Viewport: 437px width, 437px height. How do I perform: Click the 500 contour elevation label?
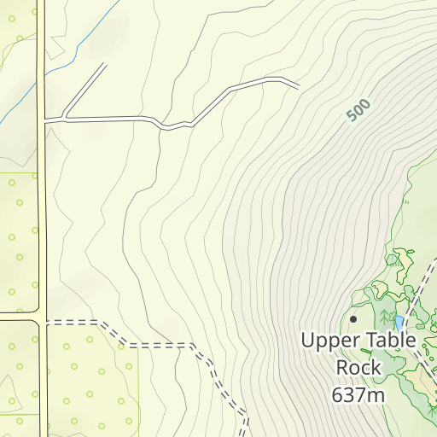pyautogui.click(x=359, y=110)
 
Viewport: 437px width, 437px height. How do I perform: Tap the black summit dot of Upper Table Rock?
pyautogui.click(x=353, y=318)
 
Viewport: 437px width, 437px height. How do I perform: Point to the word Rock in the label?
pyautogui.click(x=358, y=367)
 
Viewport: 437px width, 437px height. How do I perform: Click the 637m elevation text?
pyautogui.click(x=358, y=394)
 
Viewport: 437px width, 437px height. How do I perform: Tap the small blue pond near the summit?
pyautogui.click(x=399, y=323)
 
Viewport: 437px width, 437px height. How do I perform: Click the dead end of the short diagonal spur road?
pyautogui.click(x=106, y=64)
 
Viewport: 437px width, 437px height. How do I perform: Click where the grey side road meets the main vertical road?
pyautogui.click(x=43, y=119)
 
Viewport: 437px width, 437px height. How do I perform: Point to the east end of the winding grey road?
pyautogui.click(x=298, y=86)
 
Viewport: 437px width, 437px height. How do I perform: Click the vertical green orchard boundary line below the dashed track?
pyautogui.click(x=138, y=384)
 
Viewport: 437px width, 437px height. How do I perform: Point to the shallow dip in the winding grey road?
pyautogui.click(x=175, y=128)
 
